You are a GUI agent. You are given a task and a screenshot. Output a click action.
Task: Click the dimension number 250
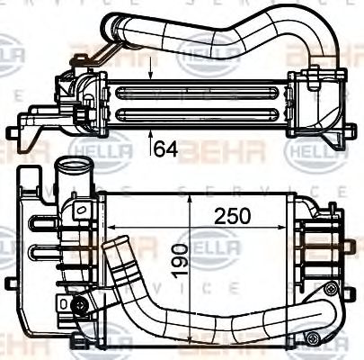point(232,216)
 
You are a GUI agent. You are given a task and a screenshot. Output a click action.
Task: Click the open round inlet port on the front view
point(68,167)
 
